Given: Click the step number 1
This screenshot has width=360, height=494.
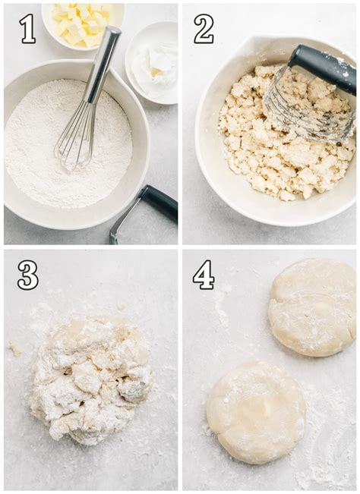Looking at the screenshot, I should [27, 29].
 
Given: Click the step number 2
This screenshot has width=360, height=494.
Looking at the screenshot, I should [203, 29].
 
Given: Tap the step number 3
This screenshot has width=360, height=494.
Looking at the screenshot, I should [27, 275].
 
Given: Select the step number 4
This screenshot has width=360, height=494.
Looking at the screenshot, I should [203, 275].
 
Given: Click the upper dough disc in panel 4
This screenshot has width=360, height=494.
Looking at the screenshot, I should [311, 307].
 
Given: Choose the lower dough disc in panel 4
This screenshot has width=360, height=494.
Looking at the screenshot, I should [256, 411].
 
